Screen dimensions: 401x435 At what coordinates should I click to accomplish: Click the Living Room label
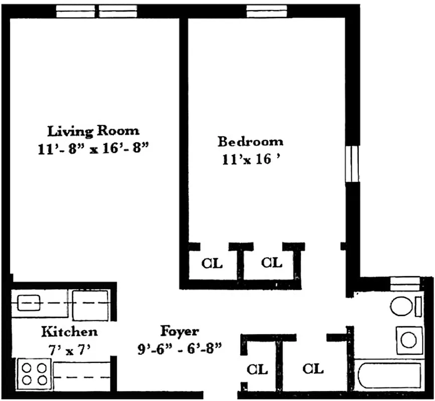pos(93,131)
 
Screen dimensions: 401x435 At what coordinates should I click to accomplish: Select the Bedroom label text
pos(250,141)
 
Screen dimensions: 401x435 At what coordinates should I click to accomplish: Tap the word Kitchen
pos(69,332)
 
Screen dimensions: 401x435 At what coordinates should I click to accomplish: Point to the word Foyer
pos(179,331)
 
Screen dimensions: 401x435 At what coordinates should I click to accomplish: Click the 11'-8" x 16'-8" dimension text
pos(94,149)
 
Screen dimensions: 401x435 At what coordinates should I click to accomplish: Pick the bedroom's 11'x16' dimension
pos(251,160)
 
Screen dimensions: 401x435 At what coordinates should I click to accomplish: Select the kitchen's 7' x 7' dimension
pos(69,349)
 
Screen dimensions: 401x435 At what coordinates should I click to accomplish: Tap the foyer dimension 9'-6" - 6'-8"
pos(180,348)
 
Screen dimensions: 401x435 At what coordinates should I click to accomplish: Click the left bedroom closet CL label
pos(212,263)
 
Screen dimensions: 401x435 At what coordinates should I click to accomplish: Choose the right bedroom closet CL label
pos(271,263)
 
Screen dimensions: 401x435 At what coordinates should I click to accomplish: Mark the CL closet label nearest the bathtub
pos(313,369)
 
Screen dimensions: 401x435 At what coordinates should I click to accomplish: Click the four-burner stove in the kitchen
pos(33,373)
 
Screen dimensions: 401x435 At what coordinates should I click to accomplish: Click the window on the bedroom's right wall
pos(354,164)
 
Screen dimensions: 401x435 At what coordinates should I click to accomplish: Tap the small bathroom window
pos(404,283)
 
